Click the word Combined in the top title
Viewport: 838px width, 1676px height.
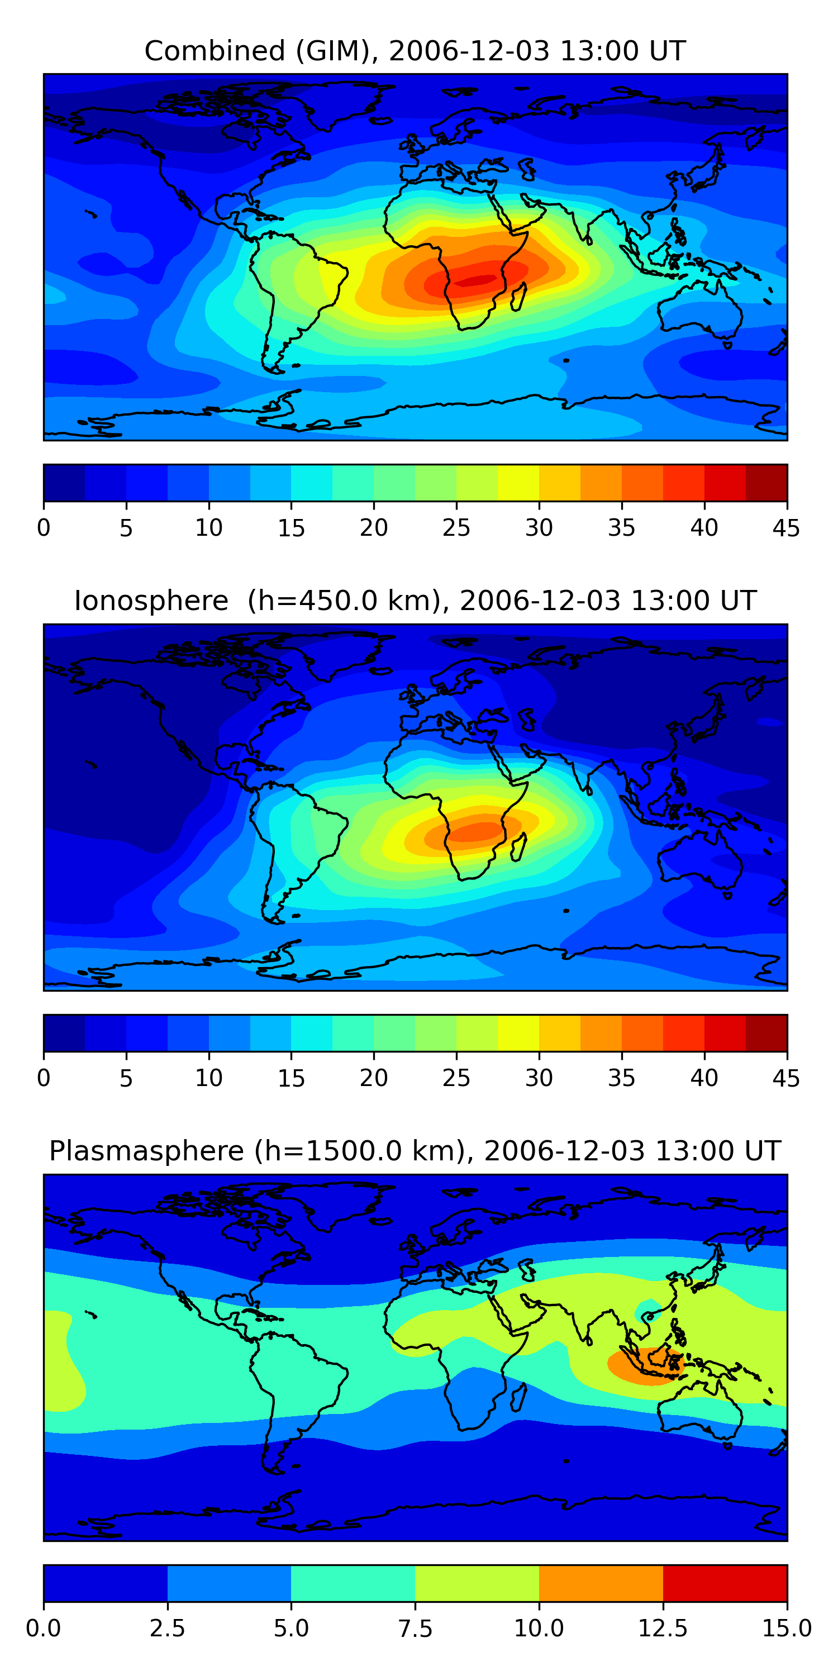(x=214, y=51)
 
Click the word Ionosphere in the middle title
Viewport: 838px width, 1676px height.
(x=151, y=601)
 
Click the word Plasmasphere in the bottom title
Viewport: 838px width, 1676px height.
(x=146, y=1151)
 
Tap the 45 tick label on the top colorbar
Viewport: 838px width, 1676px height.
(x=786, y=527)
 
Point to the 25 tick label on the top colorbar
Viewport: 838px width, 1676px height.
(x=456, y=527)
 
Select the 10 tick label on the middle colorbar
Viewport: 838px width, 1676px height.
(x=209, y=1078)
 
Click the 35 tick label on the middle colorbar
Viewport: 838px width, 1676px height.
(x=621, y=1078)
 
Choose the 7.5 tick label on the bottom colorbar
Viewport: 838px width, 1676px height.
(x=415, y=1629)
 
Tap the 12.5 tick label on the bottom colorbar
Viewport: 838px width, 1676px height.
(x=663, y=1629)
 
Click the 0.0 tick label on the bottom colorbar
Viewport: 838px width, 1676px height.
(x=44, y=1629)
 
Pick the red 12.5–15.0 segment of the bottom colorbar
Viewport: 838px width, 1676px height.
(x=725, y=1583)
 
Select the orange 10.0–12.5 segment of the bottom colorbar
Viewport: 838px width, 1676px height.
(x=601, y=1583)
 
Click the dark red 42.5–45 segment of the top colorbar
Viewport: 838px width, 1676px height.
(x=766, y=483)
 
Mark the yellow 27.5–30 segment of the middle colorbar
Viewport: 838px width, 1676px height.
(x=518, y=1032)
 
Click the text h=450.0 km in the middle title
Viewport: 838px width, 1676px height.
(x=345, y=601)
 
